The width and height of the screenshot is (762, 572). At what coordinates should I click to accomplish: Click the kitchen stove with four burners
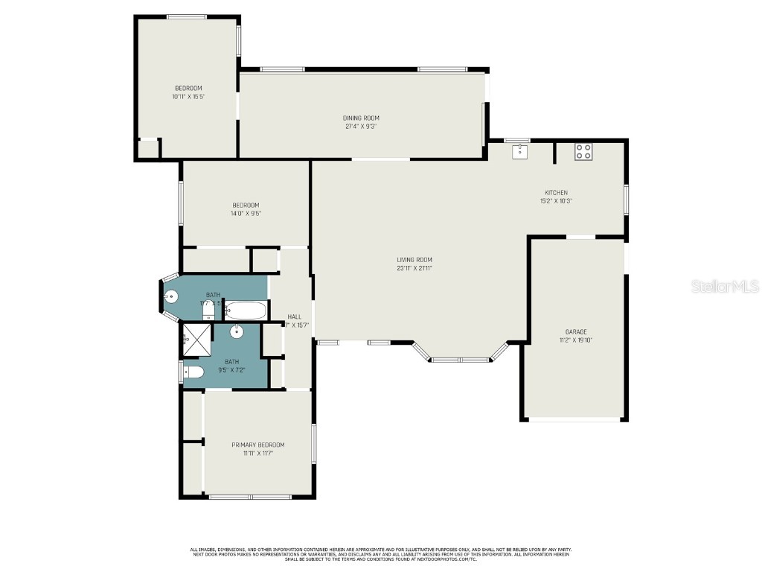583,152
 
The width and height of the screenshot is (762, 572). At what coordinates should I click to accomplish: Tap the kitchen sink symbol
519,151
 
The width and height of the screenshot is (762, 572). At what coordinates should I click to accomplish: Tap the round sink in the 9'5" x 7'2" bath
236,331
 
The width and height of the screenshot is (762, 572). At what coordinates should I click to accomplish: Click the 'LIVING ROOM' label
414,260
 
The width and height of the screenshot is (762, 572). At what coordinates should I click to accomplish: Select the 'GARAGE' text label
575,331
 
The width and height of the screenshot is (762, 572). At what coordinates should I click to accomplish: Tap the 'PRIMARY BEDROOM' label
257,445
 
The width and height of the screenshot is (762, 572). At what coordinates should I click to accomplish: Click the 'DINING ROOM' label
361,118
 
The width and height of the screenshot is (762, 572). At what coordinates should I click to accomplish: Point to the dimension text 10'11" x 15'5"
188,96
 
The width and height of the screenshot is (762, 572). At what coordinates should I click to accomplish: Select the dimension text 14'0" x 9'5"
246,214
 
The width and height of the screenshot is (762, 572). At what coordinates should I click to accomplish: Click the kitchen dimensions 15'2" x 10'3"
556,200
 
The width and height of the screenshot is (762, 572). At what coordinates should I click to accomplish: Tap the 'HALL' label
294,317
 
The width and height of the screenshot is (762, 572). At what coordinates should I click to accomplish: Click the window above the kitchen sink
517,140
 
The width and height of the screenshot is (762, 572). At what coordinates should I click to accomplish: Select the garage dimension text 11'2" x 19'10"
575,340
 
